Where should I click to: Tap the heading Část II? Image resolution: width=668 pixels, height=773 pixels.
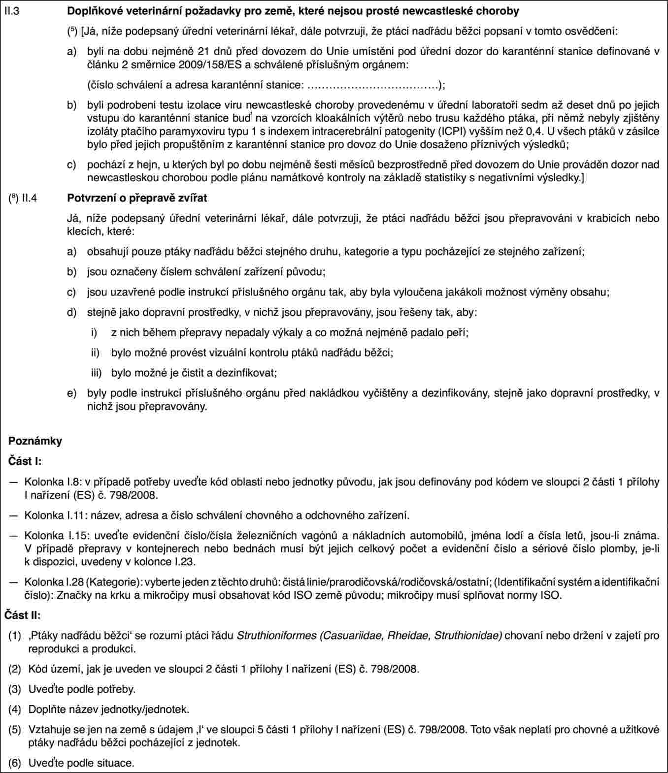pyautogui.click(x=23, y=615)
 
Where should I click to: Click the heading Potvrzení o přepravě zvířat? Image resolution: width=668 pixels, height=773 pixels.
pyautogui.click(x=137, y=198)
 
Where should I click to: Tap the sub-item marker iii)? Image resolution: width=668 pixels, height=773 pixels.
pyautogui.click(x=96, y=373)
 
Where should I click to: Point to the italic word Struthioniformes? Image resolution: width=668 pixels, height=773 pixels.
pyautogui.click(x=276, y=635)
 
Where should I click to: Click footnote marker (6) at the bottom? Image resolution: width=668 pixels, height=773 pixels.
pyautogui.click(x=15, y=763)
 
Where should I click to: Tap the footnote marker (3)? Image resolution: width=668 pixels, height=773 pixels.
pyautogui.click(x=15, y=689)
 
